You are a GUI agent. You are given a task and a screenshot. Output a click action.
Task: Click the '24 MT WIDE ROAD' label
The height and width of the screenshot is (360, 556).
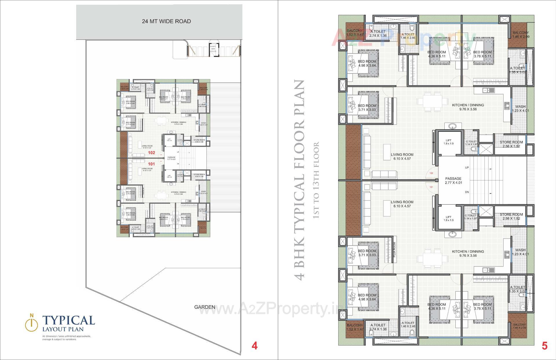pyautogui.click(x=166, y=21)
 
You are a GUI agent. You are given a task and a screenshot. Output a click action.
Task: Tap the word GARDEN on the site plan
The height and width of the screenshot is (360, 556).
pyautogui.click(x=204, y=307)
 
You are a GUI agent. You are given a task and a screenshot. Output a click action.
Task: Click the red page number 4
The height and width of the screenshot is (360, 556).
pyautogui.click(x=254, y=346)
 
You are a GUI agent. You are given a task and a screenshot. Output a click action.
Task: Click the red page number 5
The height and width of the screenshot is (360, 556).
pyautogui.click(x=544, y=346)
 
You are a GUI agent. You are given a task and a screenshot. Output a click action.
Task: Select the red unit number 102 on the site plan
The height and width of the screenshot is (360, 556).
pyautogui.click(x=151, y=153)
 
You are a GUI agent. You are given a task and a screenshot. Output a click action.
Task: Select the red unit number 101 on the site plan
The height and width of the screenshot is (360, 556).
pyautogui.click(x=151, y=164)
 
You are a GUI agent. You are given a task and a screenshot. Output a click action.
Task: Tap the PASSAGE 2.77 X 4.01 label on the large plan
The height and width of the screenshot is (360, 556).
pyautogui.click(x=453, y=181)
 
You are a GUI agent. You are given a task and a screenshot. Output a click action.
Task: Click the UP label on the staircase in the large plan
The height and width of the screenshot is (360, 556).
pyautogui.click(x=467, y=168)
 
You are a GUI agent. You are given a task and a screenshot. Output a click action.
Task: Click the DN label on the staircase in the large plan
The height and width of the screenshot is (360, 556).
pyautogui.click(x=467, y=192)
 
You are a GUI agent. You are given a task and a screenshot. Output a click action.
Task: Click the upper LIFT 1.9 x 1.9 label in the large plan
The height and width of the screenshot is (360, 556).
pyautogui.click(x=449, y=142)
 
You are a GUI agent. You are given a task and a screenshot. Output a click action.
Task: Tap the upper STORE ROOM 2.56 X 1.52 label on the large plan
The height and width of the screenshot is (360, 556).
pyautogui.click(x=511, y=144)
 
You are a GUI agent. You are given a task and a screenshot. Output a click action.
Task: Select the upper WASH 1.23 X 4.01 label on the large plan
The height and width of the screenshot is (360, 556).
pyautogui.click(x=520, y=109)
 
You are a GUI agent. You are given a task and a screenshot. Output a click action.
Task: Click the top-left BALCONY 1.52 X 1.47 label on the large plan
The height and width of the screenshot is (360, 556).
pyautogui.click(x=355, y=32)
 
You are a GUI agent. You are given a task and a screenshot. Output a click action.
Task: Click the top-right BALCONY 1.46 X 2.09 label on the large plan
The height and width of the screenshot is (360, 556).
pyautogui.click(x=520, y=35)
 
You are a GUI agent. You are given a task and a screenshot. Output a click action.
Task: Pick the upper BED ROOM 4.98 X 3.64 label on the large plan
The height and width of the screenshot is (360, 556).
pyautogui.click(x=367, y=63)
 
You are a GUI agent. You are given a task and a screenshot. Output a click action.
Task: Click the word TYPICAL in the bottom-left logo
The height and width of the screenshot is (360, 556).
pyautogui.click(x=69, y=320)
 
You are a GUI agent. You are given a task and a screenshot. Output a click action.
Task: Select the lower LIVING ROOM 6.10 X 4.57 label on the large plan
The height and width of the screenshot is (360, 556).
pyautogui.click(x=402, y=204)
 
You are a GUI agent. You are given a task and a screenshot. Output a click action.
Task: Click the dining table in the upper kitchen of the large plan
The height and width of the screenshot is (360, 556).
pyautogui.click(x=429, y=102)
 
